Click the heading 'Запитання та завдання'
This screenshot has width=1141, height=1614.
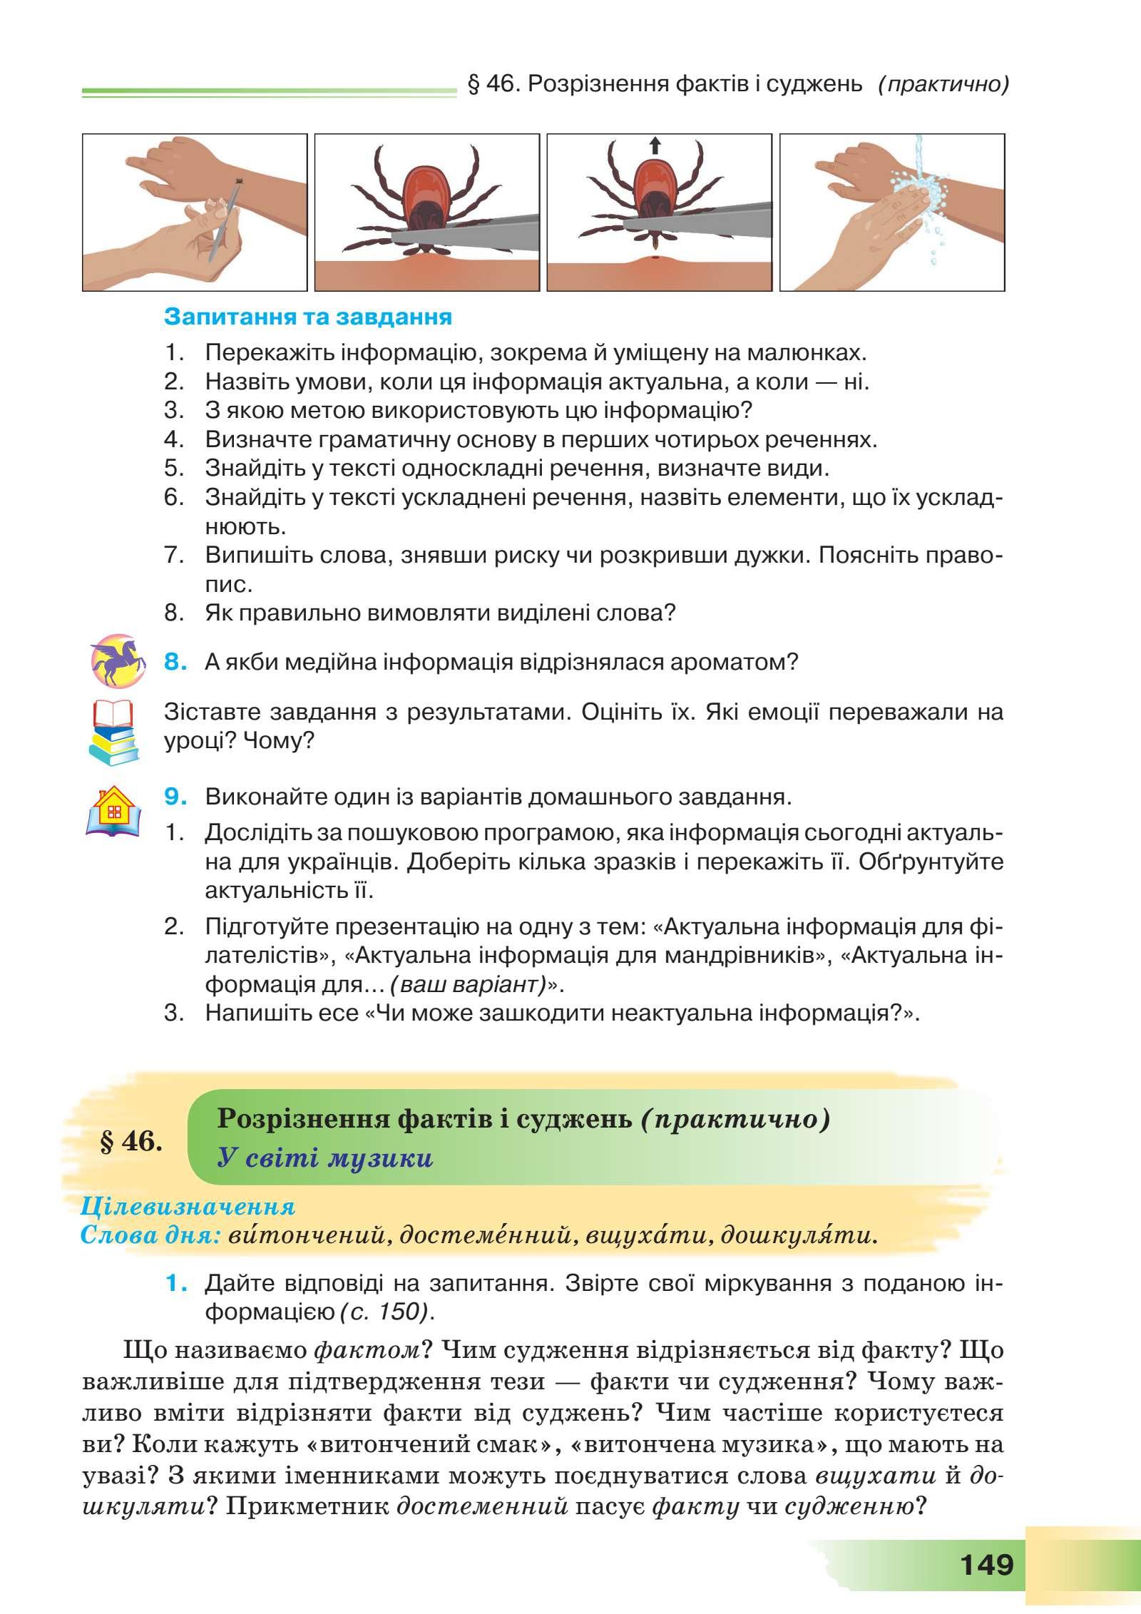point(308,317)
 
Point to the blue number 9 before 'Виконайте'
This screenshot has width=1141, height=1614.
point(176,797)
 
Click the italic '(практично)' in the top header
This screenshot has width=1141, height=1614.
point(943,85)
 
